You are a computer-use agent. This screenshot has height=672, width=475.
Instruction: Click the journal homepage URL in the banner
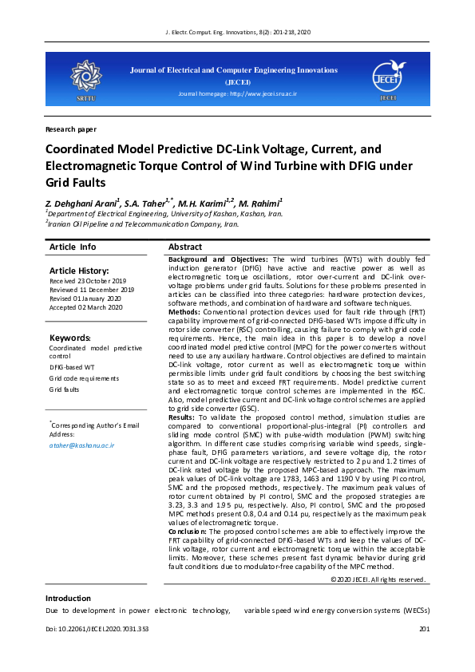[237, 93]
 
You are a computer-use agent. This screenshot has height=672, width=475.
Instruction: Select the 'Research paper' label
[71, 128]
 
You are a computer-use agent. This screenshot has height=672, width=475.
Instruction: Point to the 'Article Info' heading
[73, 247]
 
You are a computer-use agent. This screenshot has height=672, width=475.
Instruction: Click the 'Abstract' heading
[185, 247]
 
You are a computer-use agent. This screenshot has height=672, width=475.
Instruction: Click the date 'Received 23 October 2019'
[88, 282]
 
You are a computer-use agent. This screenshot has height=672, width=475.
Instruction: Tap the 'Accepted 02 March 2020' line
[85, 307]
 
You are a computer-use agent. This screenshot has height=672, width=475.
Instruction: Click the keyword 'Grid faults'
[65, 389]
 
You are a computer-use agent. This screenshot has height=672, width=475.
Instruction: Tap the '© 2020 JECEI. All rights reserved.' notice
[378, 579]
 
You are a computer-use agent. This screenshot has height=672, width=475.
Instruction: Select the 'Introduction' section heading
[68, 598]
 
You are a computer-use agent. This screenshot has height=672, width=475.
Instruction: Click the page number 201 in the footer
[424, 630]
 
